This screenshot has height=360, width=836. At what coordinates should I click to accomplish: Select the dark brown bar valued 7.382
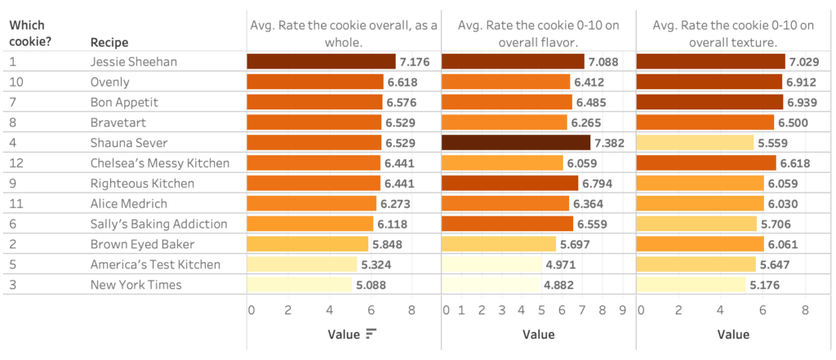coord(515,143)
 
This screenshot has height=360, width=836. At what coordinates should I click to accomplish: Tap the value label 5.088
coord(370,285)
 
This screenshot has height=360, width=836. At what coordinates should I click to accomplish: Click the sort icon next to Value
coord(371,333)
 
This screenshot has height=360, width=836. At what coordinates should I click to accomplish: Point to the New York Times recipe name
coord(136,285)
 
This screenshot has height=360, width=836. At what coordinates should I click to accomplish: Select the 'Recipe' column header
coord(109,42)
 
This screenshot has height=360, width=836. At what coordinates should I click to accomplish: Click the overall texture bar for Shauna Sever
coord(695,143)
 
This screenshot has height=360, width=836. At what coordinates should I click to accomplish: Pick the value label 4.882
coord(559,285)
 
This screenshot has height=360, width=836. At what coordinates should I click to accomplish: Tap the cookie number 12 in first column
coord(16,163)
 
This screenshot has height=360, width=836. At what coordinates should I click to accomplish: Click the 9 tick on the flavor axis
coord(622,310)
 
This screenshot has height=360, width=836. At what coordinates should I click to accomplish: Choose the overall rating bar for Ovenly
coord(315,82)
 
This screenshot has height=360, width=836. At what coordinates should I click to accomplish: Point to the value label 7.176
coord(414,61)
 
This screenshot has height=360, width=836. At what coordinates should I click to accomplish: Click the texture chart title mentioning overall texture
coord(733,33)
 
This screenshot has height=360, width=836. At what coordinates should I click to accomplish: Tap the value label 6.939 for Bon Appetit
coord(802,102)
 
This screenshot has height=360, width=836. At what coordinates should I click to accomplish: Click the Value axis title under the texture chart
coord(733,334)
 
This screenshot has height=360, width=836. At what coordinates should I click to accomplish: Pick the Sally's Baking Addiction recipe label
coord(158,224)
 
